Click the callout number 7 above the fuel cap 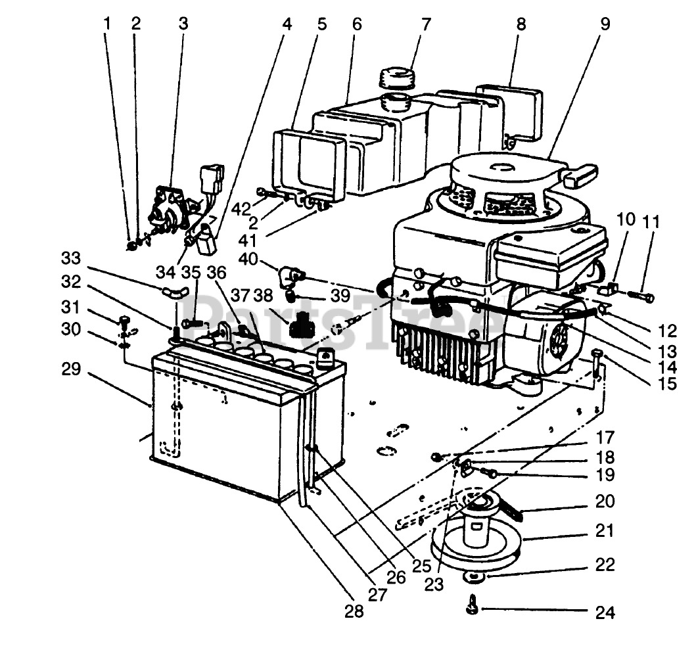pyautogui.click(x=426, y=24)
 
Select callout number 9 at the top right pyautogui.click(x=605, y=24)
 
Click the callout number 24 pyautogui.click(x=605, y=612)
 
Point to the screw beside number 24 pyautogui.click(x=473, y=605)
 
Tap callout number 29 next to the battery pyautogui.click(x=72, y=369)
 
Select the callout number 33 pyautogui.click(x=72, y=258)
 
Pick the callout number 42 pyautogui.click(x=241, y=208)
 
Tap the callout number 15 pyautogui.click(x=667, y=384)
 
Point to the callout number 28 pyautogui.click(x=354, y=611)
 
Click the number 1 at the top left pyautogui.click(x=106, y=24)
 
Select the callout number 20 pyautogui.click(x=605, y=501)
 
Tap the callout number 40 pyautogui.click(x=248, y=258)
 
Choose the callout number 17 pyautogui.click(x=605, y=438)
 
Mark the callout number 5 pyautogui.click(x=322, y=24)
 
